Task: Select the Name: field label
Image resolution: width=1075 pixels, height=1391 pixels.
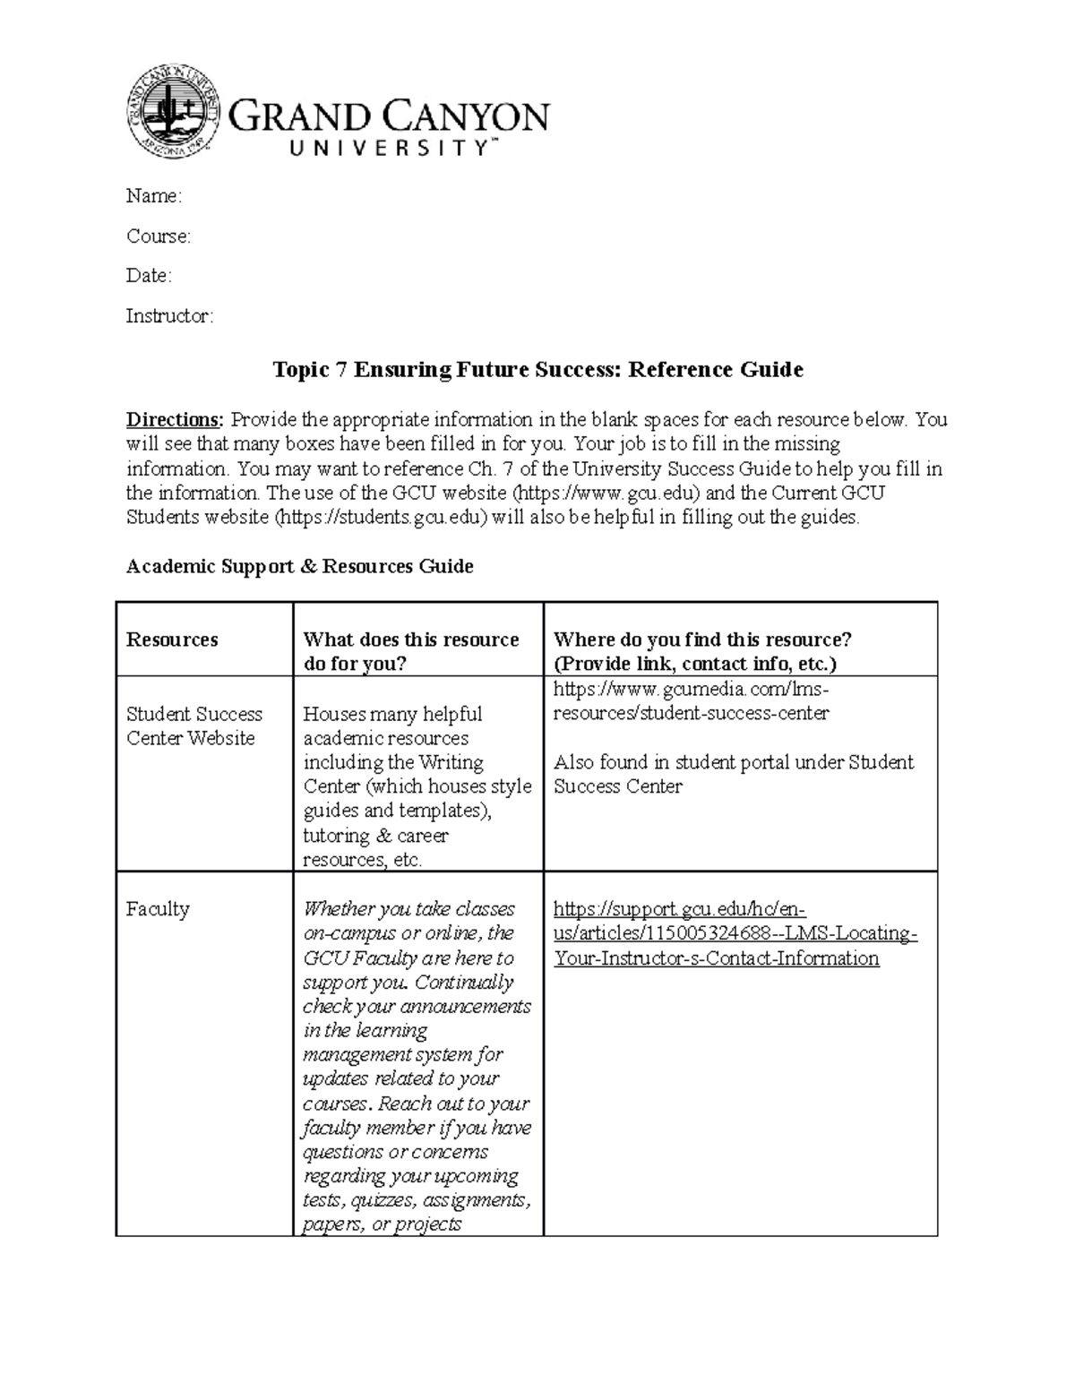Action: (x=153, y=196)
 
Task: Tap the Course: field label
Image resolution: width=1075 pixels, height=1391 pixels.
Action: (x=158, y=236)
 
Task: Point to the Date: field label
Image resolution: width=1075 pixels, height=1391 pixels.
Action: (x=148, y=276)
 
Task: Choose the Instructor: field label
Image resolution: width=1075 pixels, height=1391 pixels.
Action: (x=169, y=316)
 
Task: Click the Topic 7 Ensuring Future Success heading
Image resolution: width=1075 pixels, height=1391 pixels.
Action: (x=537, y=370)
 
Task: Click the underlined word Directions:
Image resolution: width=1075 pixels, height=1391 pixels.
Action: (x=175, y=420)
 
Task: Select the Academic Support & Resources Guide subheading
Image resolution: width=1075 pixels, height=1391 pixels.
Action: (x=299, y=567)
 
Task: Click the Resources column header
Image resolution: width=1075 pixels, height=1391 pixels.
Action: (x=172, y=640)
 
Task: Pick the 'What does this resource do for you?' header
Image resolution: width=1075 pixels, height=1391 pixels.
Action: (x=411, y=651)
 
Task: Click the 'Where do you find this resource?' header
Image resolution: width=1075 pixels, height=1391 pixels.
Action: (x=702, y=651)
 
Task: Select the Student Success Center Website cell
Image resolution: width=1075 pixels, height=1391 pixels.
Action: (x=193, y=726)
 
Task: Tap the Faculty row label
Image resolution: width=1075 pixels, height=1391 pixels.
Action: (x=158, y=909)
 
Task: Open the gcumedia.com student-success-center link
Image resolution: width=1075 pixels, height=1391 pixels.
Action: (x=691, y=701)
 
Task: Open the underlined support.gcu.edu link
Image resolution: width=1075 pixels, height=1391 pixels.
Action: (x=735, y=933)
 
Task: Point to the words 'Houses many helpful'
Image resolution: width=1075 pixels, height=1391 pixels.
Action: (x=392, y=715)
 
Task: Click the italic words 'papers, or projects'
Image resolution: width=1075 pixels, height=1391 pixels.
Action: (x=382, y=1224)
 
